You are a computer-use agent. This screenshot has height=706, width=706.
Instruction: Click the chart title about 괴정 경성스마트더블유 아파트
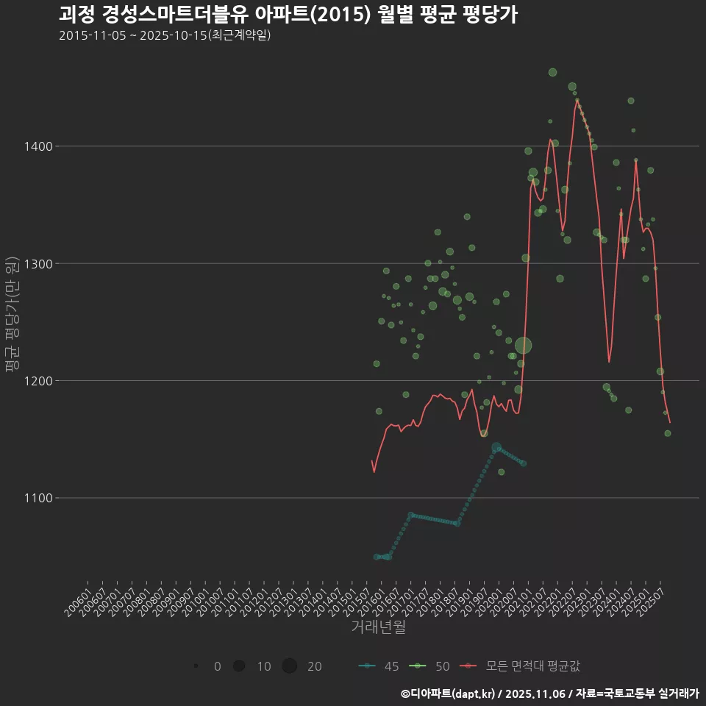[288, 14]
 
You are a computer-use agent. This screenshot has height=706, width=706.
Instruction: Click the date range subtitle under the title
[165, 35]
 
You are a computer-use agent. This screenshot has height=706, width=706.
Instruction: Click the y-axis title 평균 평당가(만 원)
[11, 315]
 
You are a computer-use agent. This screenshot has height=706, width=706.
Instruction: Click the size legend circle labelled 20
[289, 666]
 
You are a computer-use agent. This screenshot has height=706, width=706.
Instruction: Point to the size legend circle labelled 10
[238, 666]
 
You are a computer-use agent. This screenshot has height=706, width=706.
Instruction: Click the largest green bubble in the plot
[523, 346]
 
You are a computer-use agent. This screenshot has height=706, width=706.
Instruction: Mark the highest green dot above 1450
[552, 72]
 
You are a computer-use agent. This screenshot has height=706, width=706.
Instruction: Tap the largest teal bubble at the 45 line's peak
[496, 447]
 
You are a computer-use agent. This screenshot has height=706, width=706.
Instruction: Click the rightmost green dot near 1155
[667, 433]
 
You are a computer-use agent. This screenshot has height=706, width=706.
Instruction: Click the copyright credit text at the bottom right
[549, 693]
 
